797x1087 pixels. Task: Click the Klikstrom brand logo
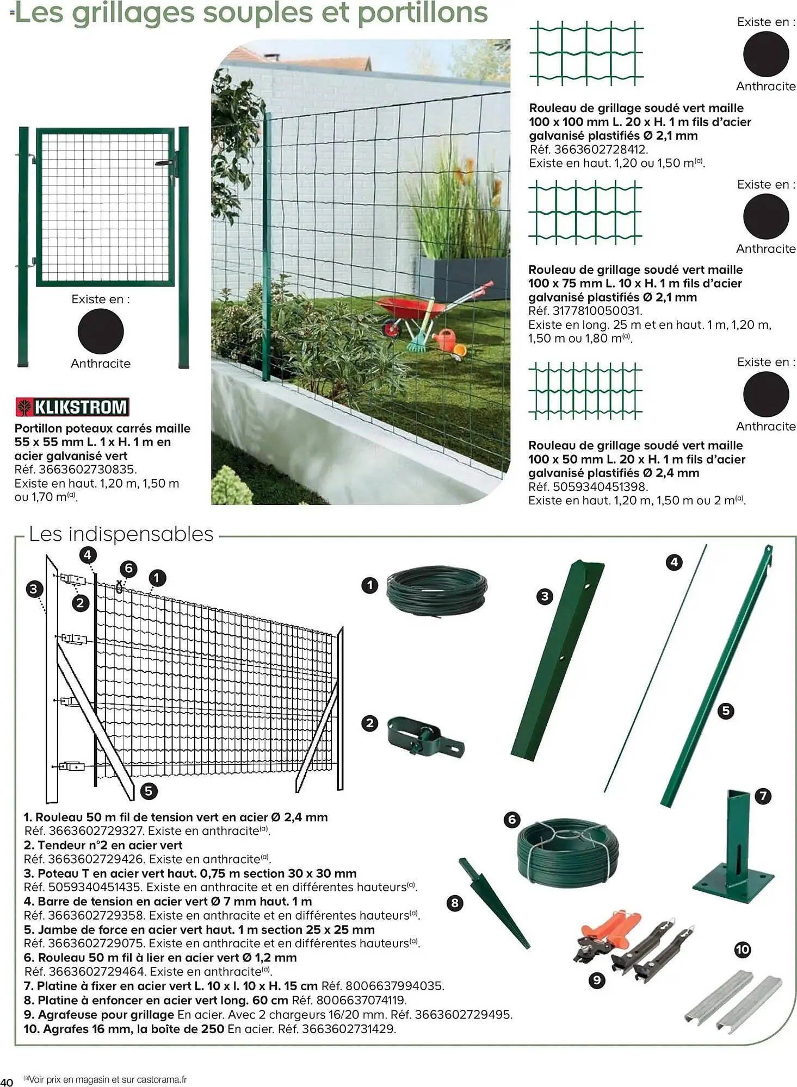72,407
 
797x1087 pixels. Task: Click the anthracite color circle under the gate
101,331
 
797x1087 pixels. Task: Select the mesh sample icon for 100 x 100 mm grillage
586,53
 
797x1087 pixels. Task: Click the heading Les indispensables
121,534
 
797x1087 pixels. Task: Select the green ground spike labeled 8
492,903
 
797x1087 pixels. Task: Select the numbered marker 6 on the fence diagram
128,569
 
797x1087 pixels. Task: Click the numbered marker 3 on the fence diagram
34,589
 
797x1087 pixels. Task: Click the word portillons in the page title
422,13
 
